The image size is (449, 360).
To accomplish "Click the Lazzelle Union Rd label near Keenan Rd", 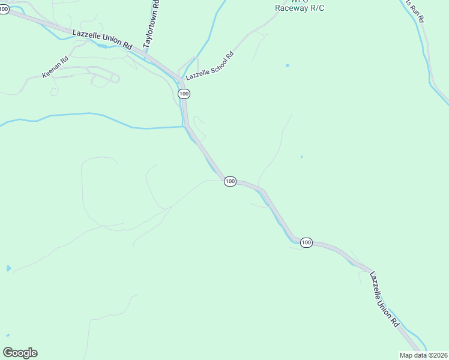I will pyautogui.click(x=101, y=39).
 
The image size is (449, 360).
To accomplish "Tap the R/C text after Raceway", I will pyautogui.click(x=316, y=8).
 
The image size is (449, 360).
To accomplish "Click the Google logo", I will pyautogui.click(x=20, y=353).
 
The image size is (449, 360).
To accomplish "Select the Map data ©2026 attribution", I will pyautogui.click(x=424, y=355).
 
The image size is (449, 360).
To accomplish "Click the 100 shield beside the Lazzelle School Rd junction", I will pyautogui.click(x=184, y=94).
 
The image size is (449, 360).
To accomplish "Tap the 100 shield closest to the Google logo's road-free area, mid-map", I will pyautogui.click(x=230, y=181).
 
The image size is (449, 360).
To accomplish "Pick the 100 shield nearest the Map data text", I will pyautogui.click(x=306, y=242).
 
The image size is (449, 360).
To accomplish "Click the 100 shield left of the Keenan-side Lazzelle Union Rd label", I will pyautogui.click(x=4, y=11).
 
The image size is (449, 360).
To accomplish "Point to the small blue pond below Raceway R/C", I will pyautogui.click(x=288, y=65).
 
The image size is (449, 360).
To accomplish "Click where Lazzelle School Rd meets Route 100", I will pyautogui.click(x=181, y=79).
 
